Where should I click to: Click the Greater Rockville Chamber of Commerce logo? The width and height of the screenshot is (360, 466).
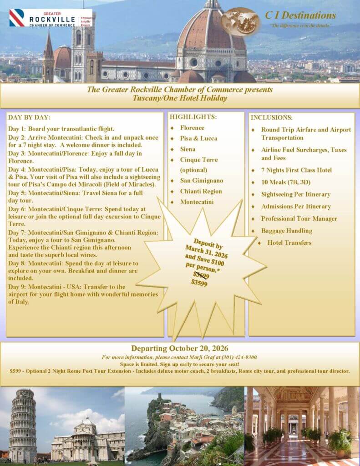(50, 18)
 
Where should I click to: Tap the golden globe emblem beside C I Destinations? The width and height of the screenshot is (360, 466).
(241, 21)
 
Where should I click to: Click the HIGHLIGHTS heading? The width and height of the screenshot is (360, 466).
(193, 117)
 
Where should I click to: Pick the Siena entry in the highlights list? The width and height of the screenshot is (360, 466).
(188, 149)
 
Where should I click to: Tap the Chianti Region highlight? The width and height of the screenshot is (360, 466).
(201, 192)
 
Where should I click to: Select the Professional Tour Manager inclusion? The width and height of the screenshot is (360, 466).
(299, 218)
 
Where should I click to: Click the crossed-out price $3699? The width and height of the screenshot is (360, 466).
(201, 275)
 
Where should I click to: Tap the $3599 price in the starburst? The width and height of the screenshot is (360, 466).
(199, 283)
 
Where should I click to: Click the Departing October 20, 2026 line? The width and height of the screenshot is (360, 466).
(180, 349)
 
